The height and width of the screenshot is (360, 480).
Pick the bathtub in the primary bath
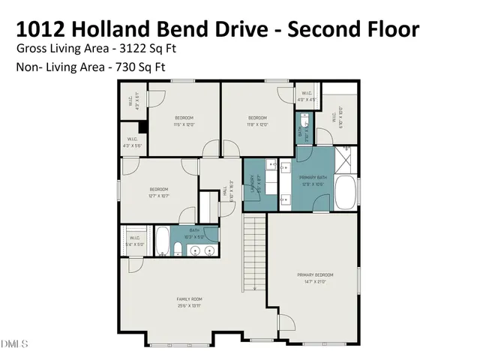click(x=346, y=193)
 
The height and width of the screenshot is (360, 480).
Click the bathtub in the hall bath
click(x=163, y=241)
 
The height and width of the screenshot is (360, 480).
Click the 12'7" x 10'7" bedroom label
click(x=158, y=192)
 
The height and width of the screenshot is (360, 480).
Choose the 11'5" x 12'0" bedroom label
click(x=184, y=121)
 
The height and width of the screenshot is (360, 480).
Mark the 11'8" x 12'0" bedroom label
click(x=257, y=121)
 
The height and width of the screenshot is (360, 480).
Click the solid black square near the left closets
click(x=142, y=126)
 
